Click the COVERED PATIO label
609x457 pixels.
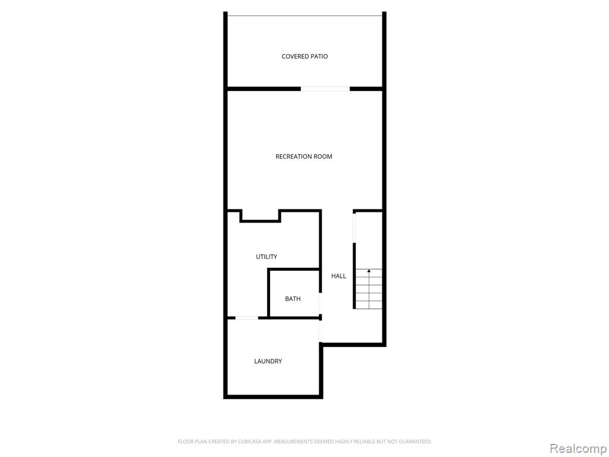304,57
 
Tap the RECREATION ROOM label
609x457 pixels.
304,156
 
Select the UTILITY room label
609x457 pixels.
266,256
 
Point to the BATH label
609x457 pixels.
293,299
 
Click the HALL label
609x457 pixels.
338,276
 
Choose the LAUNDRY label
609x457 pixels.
268,361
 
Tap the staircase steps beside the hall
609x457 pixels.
369,289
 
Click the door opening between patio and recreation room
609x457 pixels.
325,89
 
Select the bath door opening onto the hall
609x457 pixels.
321,303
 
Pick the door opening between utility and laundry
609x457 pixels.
247,318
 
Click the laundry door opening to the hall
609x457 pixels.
321,331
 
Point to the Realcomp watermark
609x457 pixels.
578,449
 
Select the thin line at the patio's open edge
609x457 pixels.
304,16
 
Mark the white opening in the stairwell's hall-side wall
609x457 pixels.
354,228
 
